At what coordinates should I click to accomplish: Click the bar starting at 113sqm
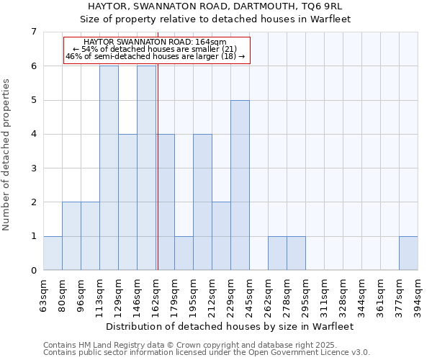109,168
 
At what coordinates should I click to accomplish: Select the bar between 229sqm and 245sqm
240,185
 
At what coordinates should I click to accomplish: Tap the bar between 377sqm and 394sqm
408,253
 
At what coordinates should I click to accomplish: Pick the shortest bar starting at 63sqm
53,253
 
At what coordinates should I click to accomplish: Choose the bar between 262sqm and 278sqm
277,253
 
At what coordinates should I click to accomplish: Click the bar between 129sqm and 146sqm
127,202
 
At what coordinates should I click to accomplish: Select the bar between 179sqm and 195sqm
184,253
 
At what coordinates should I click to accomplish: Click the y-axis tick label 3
33,168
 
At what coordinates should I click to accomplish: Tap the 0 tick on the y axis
33,271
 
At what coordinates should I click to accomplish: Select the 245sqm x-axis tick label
250,294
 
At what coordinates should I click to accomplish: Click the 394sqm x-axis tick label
418,294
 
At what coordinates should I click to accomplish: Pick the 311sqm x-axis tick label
325,294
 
